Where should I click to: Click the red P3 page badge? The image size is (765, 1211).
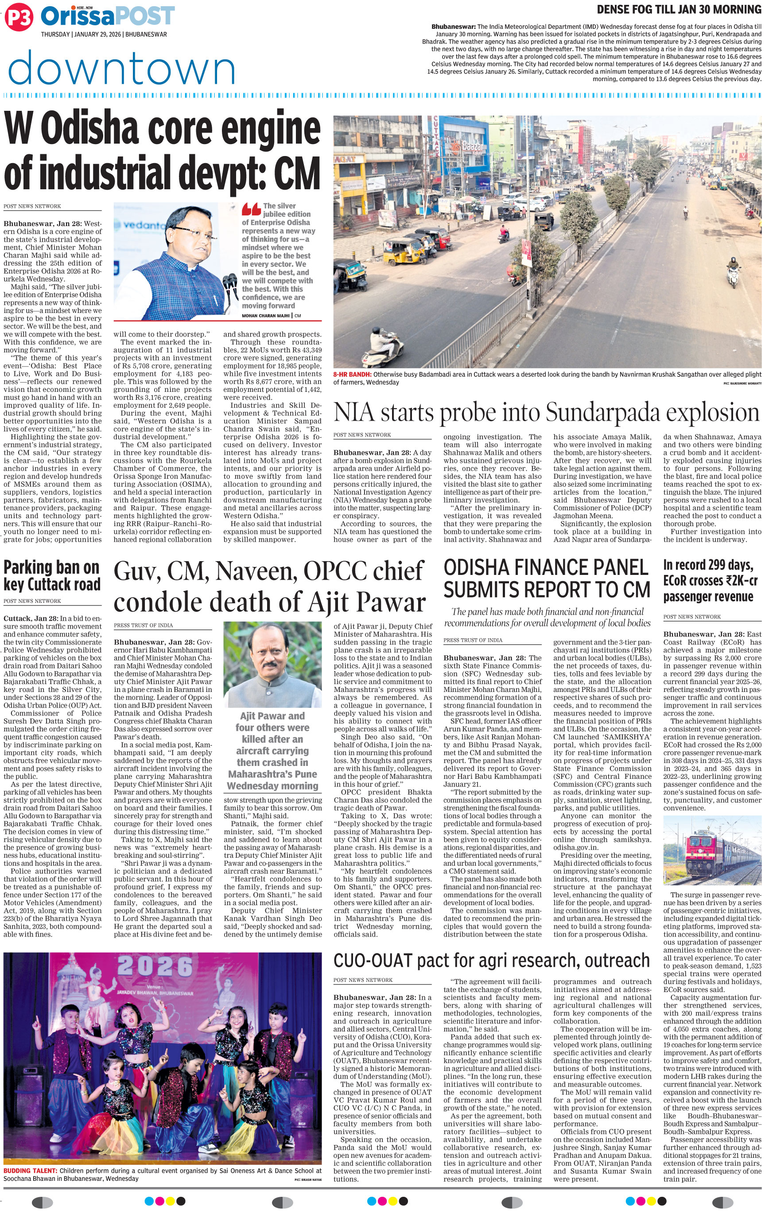tap(19, 18)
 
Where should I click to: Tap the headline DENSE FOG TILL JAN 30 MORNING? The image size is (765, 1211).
tap(679, 9)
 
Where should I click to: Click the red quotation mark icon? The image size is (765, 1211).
tap(251, 209)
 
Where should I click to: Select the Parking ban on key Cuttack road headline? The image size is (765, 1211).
tap(52, 575)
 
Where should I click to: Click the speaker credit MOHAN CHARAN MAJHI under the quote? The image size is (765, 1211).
tap(266, 315)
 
